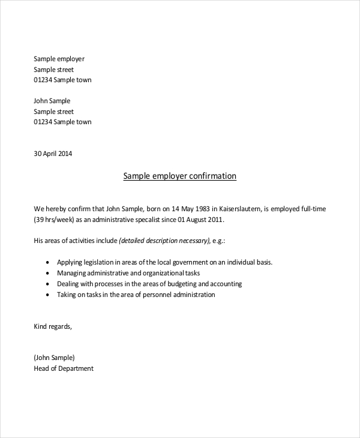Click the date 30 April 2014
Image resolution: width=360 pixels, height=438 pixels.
53,153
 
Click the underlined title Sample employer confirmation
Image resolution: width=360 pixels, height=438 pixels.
180,176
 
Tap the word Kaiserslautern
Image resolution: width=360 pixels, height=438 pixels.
239,209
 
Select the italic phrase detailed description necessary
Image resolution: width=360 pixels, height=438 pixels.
164,241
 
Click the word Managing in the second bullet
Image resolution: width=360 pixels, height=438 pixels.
72,273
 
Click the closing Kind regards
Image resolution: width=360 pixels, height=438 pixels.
53,326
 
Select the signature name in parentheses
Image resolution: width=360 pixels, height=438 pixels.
55,358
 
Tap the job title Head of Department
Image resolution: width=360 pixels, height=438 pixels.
64,368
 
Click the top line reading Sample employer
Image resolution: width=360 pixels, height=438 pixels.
59,59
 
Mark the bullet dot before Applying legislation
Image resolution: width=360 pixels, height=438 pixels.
47,263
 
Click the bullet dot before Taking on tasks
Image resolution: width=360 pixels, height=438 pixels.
47,295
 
